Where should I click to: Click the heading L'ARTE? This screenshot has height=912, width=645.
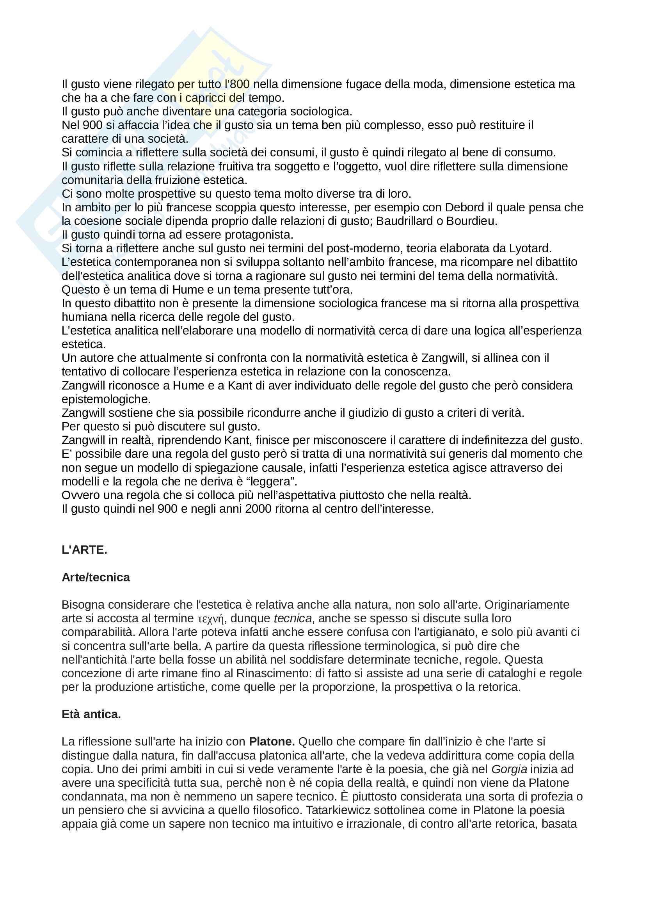click(x=84, y=550)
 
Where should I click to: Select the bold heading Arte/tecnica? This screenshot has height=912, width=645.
click(x=96, y=577)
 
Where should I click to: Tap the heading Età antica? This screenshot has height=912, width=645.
click(x=91, y=714)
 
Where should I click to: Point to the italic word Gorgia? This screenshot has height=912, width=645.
click(x=509, y=769)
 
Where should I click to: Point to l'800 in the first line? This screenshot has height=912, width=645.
click(x=236, y=84)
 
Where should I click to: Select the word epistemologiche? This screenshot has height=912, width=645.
click(x=106, y=399)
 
